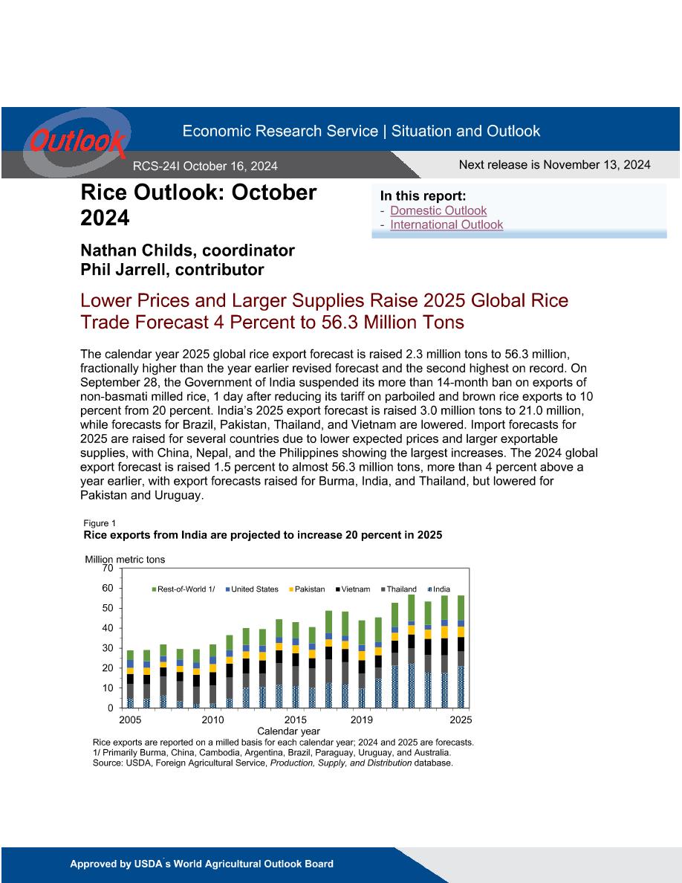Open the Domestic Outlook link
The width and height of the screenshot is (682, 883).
(x=438, y=210)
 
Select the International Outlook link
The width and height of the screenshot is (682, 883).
(x=446, y=224)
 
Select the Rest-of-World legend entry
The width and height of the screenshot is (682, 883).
(x=184, y=589)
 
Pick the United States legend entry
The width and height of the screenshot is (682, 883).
(x=252, y=589)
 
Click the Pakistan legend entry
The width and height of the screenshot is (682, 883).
(x=308, y=589)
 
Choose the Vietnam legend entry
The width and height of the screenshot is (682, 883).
(x=353, y=589)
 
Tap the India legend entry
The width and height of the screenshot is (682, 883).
(x=439, y=589)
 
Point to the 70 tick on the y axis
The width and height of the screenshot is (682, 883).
(x=108, y=568)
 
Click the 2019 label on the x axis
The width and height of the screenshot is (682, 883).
(x=362, y=719)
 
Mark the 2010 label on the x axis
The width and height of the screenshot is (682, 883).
(x=212, y=719)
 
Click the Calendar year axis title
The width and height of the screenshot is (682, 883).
(x=289, y=731)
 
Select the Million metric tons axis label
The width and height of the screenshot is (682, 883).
(x=125, y=559)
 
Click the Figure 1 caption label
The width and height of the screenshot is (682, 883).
(x=100, y=523)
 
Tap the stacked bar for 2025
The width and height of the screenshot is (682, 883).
(x=461, y=652)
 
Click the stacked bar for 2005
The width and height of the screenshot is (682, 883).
(x=131, y=679)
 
